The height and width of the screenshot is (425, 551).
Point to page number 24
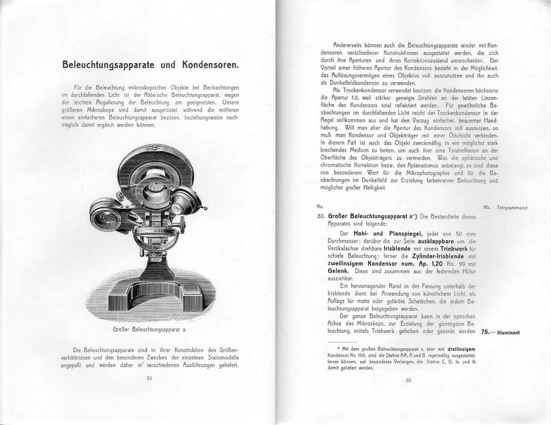click(149, 378)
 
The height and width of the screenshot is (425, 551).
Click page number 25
click(409, 380)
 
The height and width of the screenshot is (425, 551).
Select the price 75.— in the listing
click(490, 332)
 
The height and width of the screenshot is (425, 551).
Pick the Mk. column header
click(487, 208)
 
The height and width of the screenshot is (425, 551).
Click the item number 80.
click(321, 216)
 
